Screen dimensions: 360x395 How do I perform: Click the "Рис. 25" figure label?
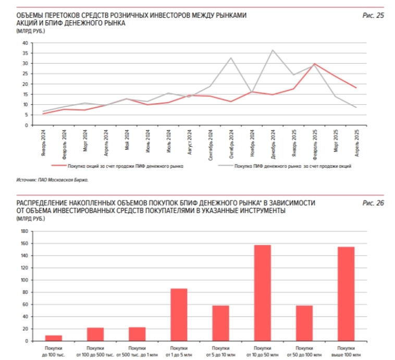373,16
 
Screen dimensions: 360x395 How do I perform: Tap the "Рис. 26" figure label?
373,203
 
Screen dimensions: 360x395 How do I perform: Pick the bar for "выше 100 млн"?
346,294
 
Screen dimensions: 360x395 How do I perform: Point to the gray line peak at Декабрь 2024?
273,50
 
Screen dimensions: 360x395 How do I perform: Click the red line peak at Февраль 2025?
314,64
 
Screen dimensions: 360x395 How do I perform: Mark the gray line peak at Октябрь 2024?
231,58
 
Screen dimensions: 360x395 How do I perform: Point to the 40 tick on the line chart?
24,43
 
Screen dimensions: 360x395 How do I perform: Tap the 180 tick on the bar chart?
24,231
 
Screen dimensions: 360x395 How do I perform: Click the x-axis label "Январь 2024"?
43,140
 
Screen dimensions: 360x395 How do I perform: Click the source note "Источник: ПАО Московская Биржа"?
53,180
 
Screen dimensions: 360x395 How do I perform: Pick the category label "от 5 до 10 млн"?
220,351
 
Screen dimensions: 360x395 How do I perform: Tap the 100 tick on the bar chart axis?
24,280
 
